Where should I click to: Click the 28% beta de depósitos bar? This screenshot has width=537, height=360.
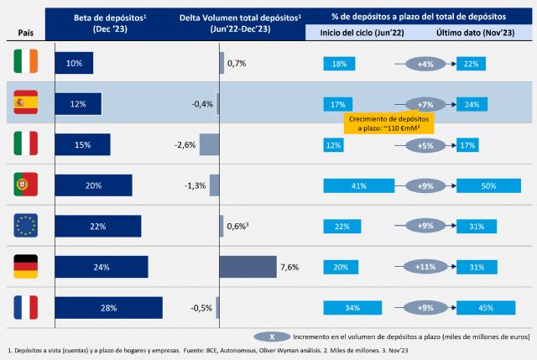click(109, 307)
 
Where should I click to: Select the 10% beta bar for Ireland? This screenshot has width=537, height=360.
click(74, 64)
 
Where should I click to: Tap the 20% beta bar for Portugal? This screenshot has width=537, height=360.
click(93, 185)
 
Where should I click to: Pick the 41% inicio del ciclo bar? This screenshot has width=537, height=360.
click(359, 185)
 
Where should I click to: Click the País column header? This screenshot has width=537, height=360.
click(26, 33)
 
